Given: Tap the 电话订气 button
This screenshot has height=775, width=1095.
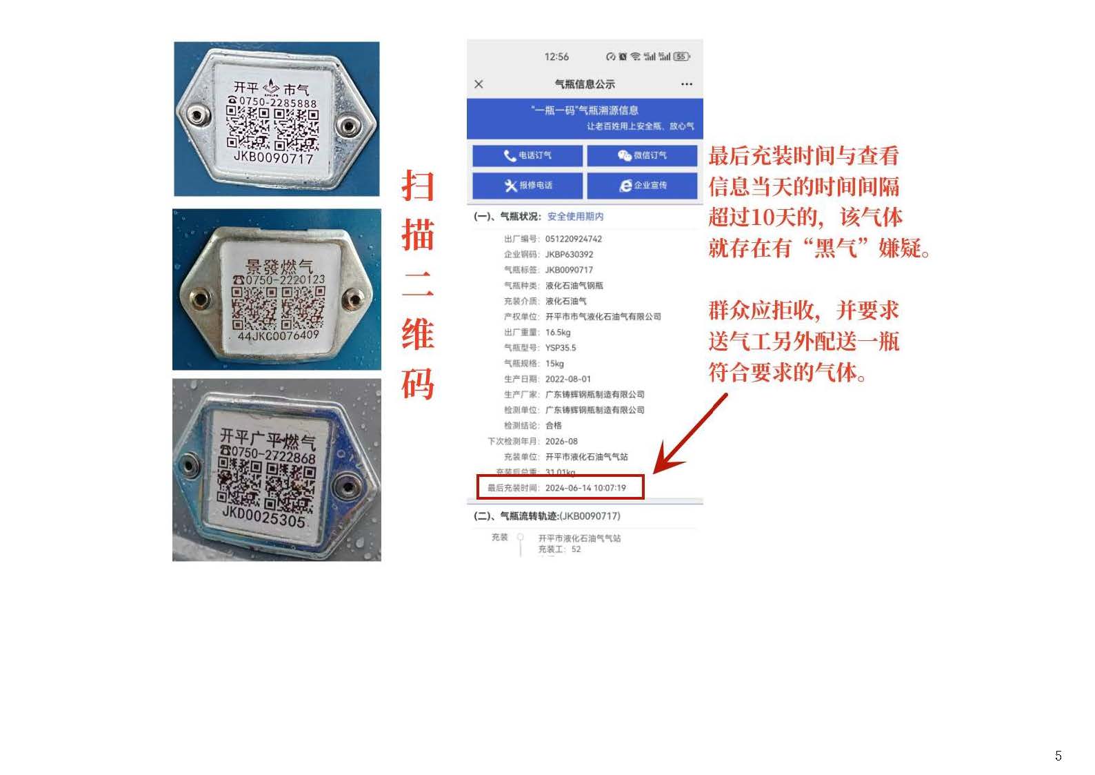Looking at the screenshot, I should click(528, 155).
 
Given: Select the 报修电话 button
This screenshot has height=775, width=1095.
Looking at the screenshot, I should click(528, 185).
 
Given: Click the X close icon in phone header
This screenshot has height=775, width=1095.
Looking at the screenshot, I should click(479, 84).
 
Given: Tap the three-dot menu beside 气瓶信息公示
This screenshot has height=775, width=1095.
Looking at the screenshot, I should click(686, 84).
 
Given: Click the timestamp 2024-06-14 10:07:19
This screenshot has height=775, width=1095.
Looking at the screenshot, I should click(585, 488).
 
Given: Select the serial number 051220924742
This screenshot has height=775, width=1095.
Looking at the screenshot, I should click(574, 239).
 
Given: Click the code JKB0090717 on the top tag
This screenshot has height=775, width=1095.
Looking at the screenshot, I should click(274, 158).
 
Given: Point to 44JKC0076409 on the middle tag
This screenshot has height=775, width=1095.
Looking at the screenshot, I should click(278, 336).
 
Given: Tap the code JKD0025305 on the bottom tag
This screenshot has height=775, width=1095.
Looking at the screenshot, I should click(264, 516).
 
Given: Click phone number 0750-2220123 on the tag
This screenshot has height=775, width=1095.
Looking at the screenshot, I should click(284, 280).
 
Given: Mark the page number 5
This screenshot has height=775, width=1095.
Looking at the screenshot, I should click(1058, 756).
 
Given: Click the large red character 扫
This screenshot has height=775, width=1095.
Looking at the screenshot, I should click(418, 186).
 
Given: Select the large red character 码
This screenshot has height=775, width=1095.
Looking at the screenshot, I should click(418, 384).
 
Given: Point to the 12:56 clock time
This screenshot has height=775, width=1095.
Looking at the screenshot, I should click(556, 57).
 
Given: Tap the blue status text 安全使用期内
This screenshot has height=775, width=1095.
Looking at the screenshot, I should click(575, 217).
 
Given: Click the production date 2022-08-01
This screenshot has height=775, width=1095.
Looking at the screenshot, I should click(568, 379).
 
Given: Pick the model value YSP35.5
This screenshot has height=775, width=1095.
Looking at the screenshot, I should click(561, 348).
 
